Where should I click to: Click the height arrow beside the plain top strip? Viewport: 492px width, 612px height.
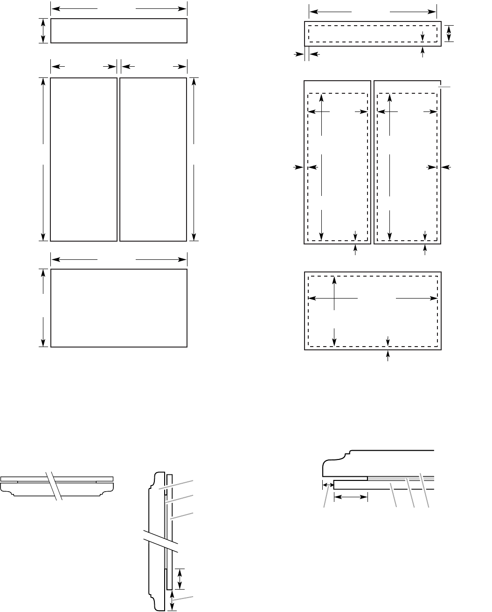tap(43, 31)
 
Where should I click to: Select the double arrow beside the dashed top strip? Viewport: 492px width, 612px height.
tap(449, 33)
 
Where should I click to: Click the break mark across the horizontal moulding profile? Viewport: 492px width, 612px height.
tap(54, 486)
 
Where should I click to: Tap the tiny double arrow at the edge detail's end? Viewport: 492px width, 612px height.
tap(328, 486)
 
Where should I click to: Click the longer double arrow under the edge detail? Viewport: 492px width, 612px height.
tap(351, 498)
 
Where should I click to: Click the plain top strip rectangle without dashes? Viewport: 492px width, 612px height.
tap(118, 31)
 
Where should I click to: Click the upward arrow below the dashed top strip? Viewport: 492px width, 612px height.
tap(423, 52)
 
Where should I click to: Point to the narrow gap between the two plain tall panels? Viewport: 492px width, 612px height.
tap(118, 159)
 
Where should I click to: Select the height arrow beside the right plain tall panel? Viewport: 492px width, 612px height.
tap(194, 159)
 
